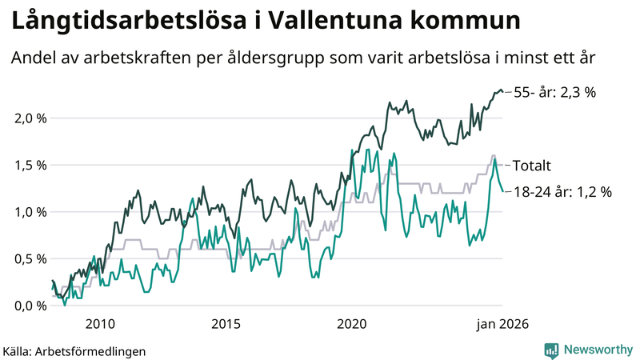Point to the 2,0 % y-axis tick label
point(30,118)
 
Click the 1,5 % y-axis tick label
point(30,165)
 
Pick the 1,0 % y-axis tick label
point(30,212)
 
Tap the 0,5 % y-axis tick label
point(30,258)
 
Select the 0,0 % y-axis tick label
point(30,306)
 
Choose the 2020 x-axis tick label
point(352,323)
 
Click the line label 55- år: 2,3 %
point(555,92)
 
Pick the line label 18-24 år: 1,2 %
point(562,192)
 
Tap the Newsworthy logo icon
point(551,350)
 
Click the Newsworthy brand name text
point(597,350)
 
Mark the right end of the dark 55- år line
point(502,91)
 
